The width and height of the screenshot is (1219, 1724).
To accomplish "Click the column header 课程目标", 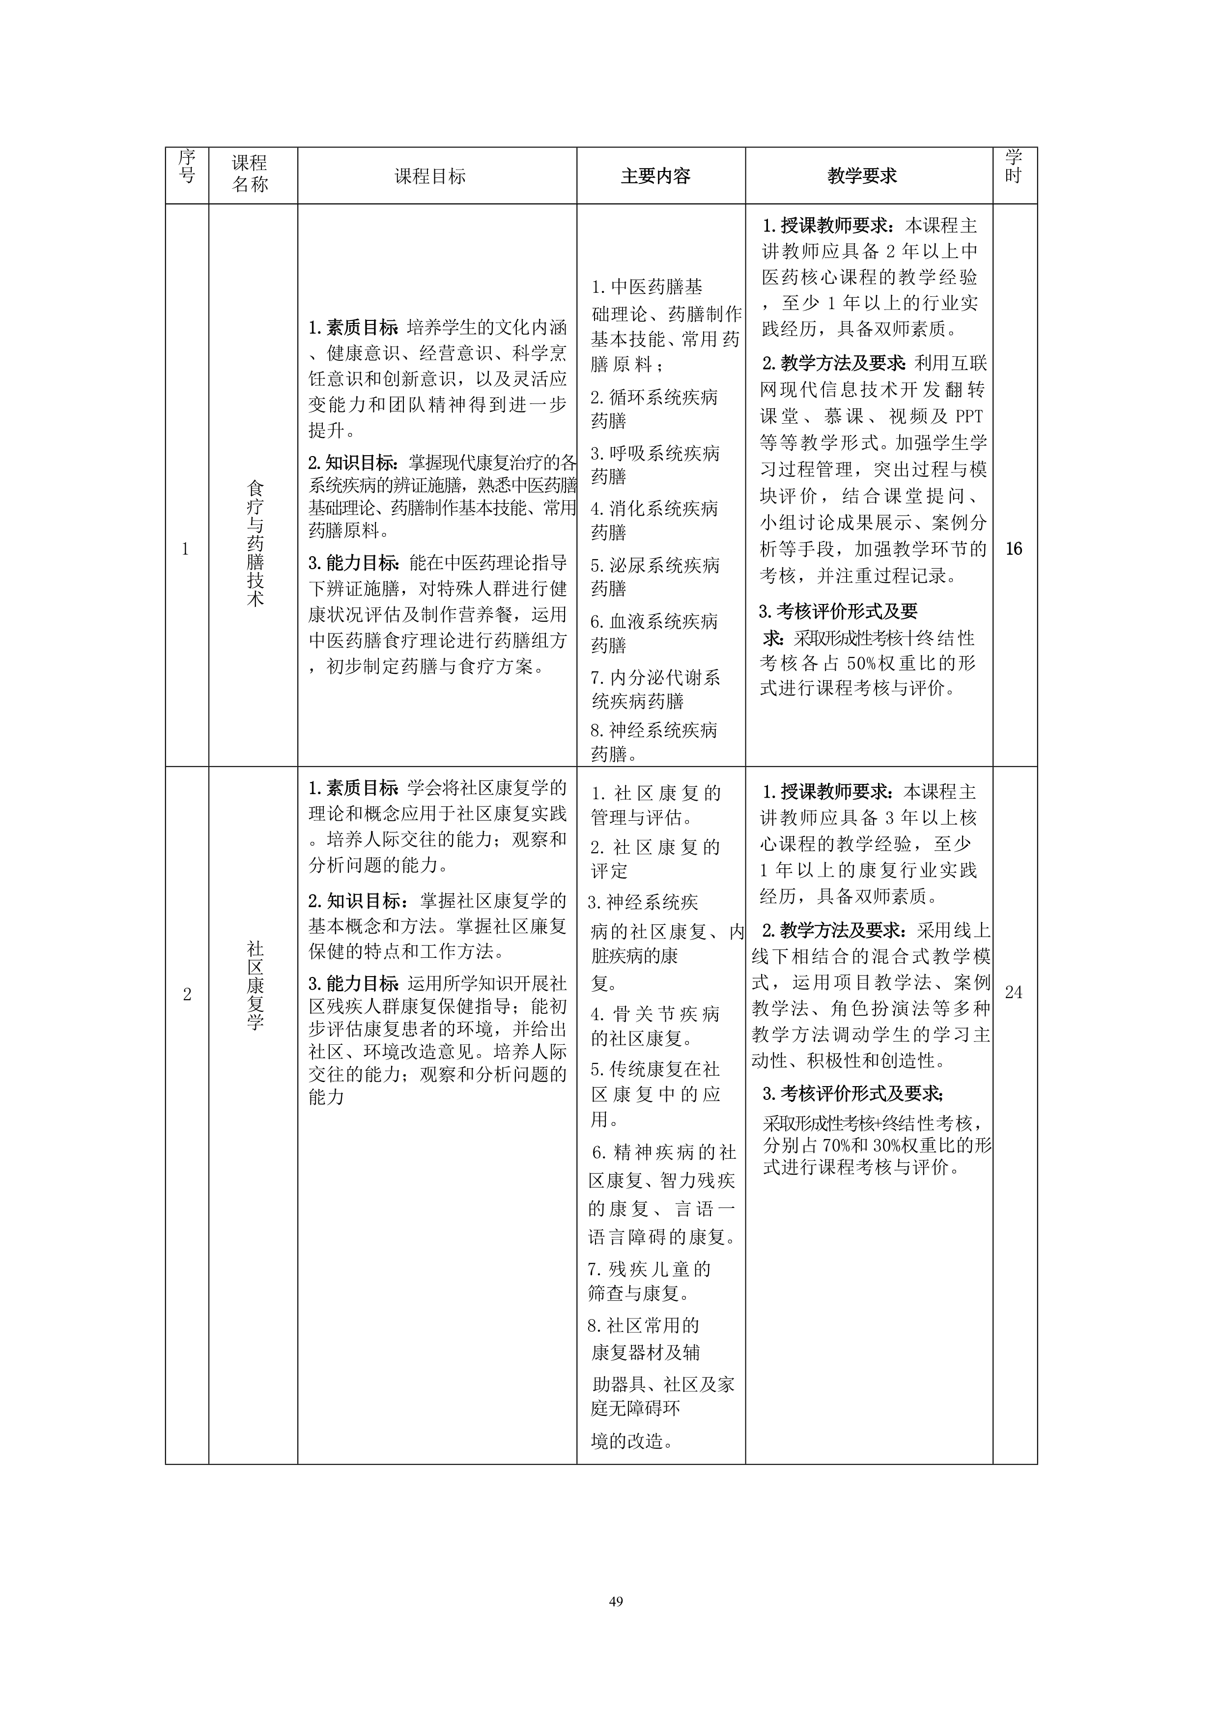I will tap(430, 176).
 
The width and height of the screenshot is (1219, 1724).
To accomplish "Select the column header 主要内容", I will tap(655, 176).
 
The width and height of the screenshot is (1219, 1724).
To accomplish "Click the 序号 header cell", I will tap(186, 167).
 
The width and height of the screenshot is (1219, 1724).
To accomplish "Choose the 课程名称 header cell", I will tap(250, 174).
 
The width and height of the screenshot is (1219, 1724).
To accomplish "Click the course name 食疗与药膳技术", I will tap(255, 544).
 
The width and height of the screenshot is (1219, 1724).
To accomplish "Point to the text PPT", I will tap(968, 417).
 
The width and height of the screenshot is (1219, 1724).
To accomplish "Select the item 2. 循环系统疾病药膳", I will tap(654, 408).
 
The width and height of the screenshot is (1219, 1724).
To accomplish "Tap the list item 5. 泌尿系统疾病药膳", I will tap(654, 576).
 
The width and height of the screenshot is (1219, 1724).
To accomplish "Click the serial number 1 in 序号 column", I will tap(185, 549).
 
